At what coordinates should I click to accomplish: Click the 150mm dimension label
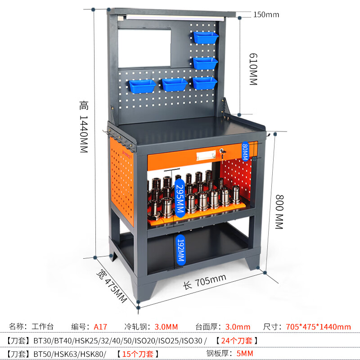point(266,14)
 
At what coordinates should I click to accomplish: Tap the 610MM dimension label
point(253,69)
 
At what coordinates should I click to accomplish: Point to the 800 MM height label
point(279,211)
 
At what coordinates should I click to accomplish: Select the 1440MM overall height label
point(84,126)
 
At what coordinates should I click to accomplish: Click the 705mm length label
point(205,282)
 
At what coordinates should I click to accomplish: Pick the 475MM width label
point(112,286)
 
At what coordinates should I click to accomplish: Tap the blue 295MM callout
point(180,198)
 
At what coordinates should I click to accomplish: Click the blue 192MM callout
point(181,250)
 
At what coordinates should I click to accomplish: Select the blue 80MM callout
point(245,151)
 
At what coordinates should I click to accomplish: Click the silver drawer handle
point(206,155)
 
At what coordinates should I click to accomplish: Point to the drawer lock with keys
point(222,153)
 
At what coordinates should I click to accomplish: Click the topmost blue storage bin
point(206,37)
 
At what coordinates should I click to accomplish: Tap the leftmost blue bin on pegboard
point(142,86)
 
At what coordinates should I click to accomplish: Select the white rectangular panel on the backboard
point(144,48)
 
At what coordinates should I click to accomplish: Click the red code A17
point(100,327)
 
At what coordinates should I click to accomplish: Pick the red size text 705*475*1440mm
point(318,327)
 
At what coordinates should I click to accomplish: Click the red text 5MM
point(245,353)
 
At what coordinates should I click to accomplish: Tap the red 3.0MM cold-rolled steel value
point(166,327)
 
